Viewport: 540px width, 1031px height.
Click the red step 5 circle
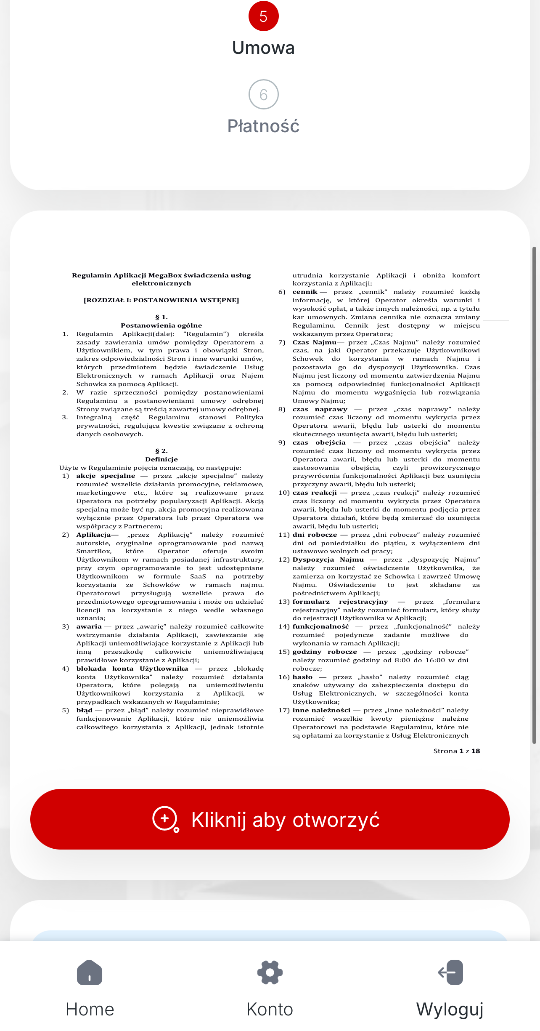pyautogui.click(x=263, y=16)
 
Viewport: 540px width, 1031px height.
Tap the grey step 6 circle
pyautogui.click(x=263, y=94)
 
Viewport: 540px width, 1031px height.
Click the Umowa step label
pyautogui.click(x=263, y=48)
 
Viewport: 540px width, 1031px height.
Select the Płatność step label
pyautogui.click(x=263, y=126)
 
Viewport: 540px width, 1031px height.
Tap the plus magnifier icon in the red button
pyautogui.click(x=165, y=819)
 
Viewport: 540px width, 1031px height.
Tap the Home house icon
pyautogui.click(x=90, y=972)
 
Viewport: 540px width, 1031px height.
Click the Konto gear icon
pyautogui.click(x=270, y=972)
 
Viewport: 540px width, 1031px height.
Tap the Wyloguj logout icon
pyautogui.click(x=450, y=972)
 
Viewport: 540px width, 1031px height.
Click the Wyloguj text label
pyautogui.click(x=450, y=1010)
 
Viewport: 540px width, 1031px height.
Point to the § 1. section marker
pyautogui.click(x=161, y=317)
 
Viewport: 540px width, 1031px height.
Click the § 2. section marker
pyautogui.click(x=161, y=451)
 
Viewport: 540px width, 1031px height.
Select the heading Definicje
pyautogui.click(x=161, y=459)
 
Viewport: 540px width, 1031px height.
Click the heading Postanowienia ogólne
pyautogui.click(x=161, y=325)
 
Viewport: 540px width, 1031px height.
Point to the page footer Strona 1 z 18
pyautogui.click(x=456, y=751)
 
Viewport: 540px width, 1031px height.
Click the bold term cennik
pyautogui.click(x=305, y=292)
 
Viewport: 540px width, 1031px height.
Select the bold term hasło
pyautogui.click(x=302, y=677)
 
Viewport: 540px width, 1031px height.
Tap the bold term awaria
pyautogui.click(x=89, y=626)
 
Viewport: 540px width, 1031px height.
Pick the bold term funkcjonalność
pyautogui.click(x=320, y=626)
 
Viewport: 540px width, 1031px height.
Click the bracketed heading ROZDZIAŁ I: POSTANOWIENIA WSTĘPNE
pyautogui.click(x=161, y=300)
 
